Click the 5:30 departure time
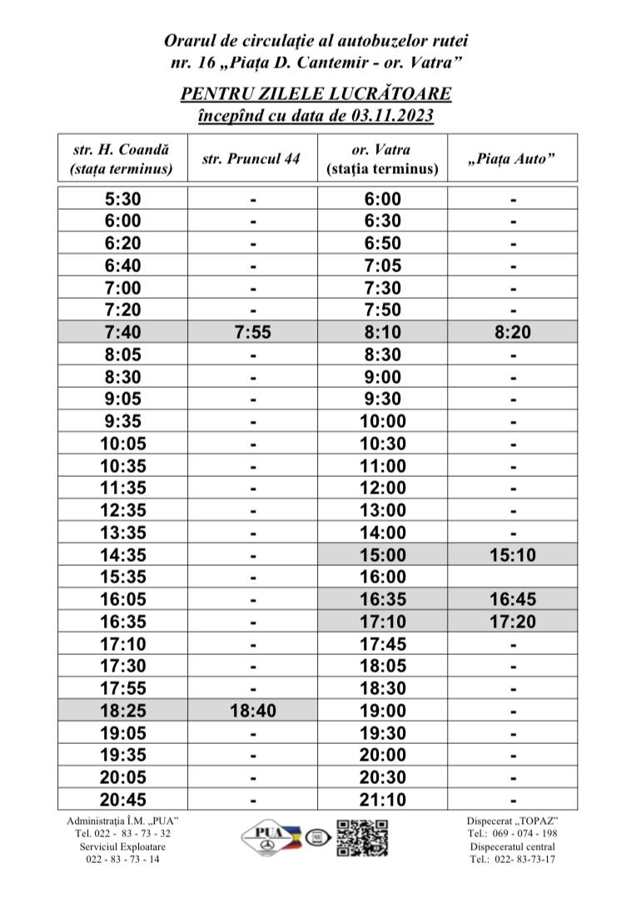click(122, 199)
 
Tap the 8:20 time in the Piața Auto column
click(513, 333)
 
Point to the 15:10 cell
click(513, 555)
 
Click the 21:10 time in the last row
click(382, 800)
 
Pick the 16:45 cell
click(513, 599)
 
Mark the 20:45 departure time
click(122, 800)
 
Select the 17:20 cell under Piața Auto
click(513, 622)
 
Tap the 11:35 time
click(122, 488)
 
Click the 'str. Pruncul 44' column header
click(251, 159)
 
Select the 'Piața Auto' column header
click(513, 159)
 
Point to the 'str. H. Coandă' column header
click(122, 150)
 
